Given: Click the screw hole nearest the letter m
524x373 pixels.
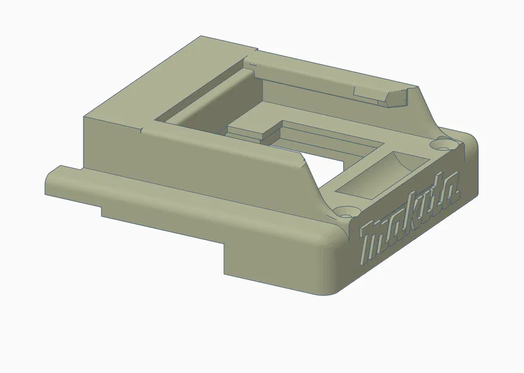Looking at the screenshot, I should pyautogui.click(x=346, y=211).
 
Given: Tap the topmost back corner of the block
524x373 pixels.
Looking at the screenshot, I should pyautogui.click(x=200, y=37).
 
